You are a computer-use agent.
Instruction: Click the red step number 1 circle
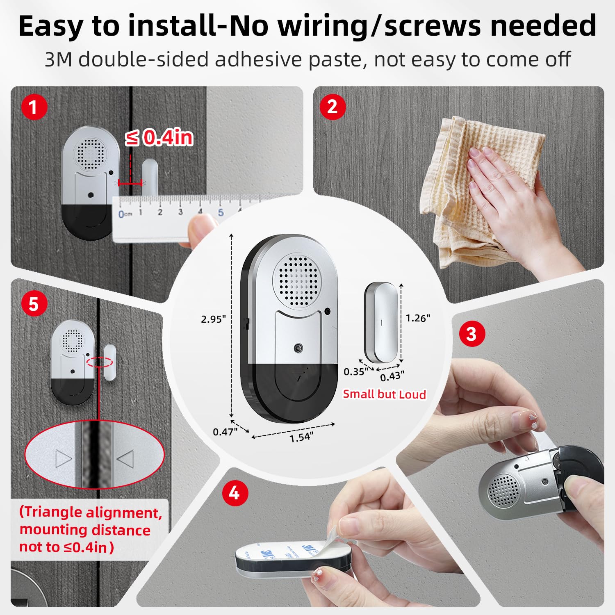33,107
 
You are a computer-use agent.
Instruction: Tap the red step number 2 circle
333,107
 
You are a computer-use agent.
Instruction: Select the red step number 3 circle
471,334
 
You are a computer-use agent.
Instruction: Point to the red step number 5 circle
34,304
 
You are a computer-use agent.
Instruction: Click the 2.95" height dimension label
213,319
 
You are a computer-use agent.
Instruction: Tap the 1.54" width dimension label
301,437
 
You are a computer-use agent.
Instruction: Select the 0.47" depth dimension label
225,432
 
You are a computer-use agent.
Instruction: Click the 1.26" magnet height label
418,318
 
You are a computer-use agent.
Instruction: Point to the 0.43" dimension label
392,376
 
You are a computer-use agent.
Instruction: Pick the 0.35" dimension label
355,372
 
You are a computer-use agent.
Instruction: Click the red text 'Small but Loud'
384,394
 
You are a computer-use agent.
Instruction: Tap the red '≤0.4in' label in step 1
159,137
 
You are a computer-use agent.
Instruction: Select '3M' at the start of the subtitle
58,59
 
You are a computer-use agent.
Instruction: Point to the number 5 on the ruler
221,212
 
